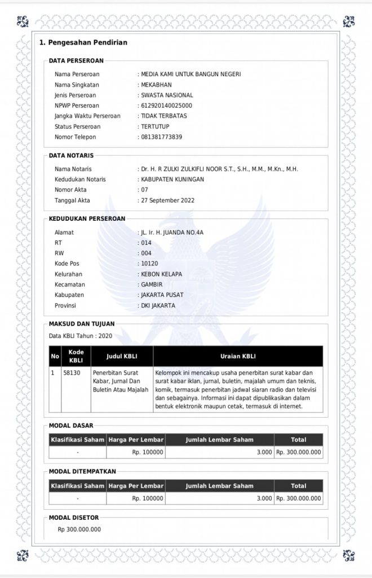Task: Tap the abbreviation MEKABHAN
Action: [x=156, y=85]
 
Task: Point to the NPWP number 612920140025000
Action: [x=166, y=106]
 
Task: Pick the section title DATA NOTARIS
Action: [x=72, y=155]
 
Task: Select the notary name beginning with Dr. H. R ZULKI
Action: [x=219, y=169]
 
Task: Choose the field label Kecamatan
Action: [x=69, y=284]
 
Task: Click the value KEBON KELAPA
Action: [x=161, y=274]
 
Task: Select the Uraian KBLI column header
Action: [x=238, y=356]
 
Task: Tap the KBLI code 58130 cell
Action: [x=72, y=373]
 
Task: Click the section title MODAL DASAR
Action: [x=71, y=425]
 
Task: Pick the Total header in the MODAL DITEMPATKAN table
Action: [x=298, y=485]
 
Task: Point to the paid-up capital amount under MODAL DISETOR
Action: [x=79, y=529]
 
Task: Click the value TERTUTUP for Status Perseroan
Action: [x=155, y=126]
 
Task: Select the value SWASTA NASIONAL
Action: [x=167, y=95]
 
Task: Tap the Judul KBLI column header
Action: [x=122, y=356]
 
